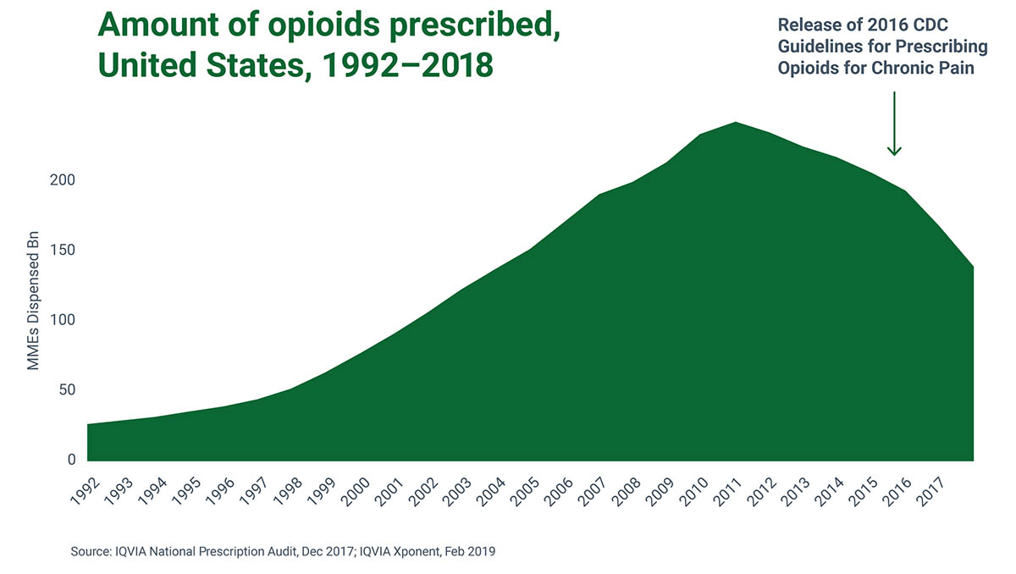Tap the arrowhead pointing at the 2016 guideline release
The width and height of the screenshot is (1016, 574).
[x=894, y=151]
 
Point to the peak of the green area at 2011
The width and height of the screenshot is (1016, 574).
[x=735, y=123]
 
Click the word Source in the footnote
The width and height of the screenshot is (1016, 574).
[x=91, y=552]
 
